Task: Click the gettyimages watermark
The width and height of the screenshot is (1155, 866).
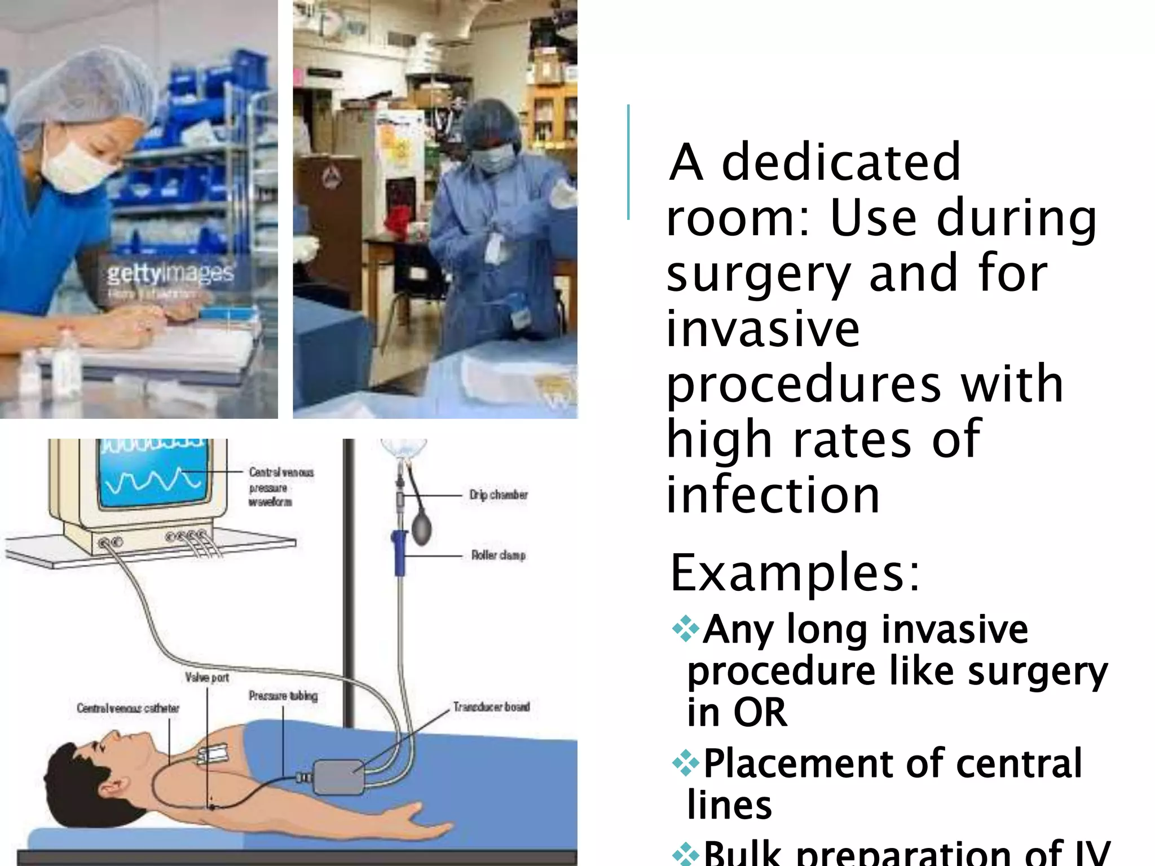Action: click(170, 274)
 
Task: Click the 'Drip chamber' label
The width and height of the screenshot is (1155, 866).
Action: click(499, 495)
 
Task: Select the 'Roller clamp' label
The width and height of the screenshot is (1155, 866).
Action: click(499, 555)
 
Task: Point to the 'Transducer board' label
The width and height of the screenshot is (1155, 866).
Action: click(491, 706)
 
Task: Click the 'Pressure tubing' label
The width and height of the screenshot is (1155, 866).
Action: click(283, 696)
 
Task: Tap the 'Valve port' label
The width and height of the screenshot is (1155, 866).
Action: click(207, 677)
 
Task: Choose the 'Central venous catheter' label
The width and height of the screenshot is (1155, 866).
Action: click(128, 708)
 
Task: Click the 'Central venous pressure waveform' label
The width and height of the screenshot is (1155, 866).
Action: click(280, 487)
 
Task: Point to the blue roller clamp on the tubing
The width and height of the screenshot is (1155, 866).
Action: click(399, 553)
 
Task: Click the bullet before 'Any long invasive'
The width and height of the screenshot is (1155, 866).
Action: click(686, 629)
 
